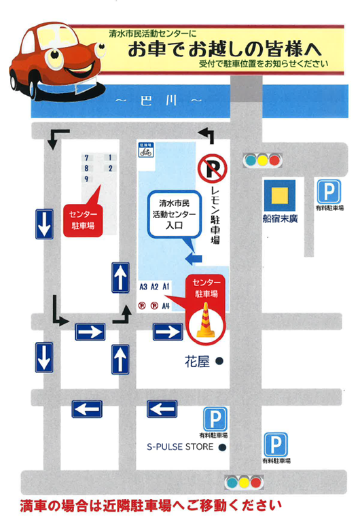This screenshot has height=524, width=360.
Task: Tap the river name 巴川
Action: point(159,101)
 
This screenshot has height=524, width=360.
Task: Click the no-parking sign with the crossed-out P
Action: point(211,169)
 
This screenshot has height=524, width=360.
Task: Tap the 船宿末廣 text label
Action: point(278,220)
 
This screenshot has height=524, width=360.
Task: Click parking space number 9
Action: point(86,179)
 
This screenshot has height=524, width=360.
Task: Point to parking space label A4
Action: point(166,307)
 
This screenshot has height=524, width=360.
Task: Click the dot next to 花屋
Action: point(219,362)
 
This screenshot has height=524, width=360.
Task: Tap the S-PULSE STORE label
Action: point(181,447)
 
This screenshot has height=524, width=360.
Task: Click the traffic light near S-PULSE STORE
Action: point(243,483)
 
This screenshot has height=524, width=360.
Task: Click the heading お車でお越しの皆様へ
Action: point(215,50)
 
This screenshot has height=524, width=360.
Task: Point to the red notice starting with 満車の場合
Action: point(151,506)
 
